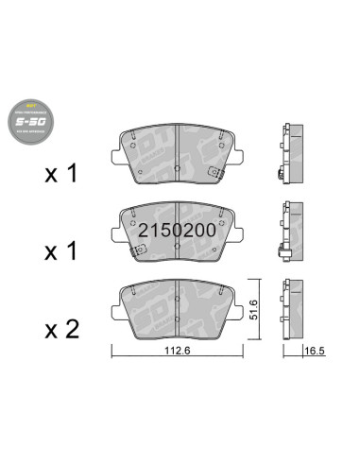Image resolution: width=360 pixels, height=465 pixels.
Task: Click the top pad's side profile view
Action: click(289, 151)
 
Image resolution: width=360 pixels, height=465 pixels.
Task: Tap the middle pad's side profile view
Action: click(289, 230)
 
